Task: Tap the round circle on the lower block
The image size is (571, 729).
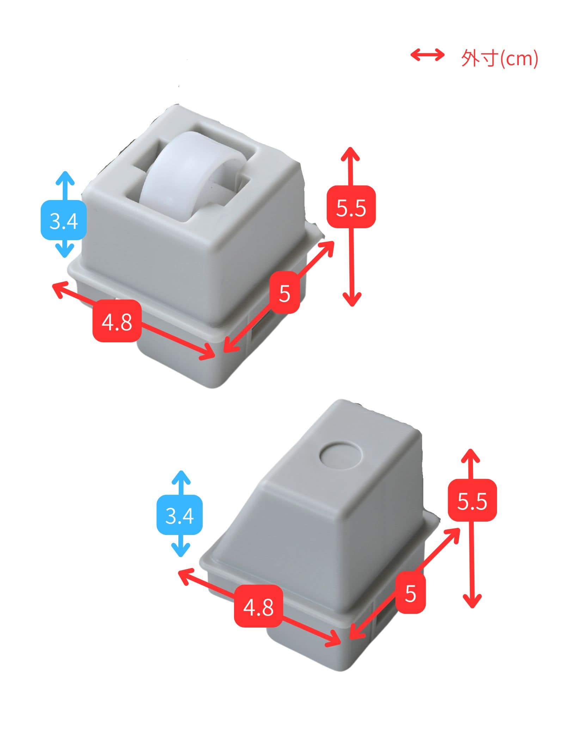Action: coord(341,456)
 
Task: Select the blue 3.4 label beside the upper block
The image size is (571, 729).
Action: coord(64,220)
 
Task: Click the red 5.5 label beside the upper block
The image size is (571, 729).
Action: coord(351,207)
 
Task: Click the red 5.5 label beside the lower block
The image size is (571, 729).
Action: coord(472,500)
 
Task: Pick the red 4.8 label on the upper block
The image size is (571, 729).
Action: coord(117,321)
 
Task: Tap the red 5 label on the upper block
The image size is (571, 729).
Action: coord(284,292)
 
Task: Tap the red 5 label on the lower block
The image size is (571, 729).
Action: coord(411,594)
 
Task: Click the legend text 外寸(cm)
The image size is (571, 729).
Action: coord(499,58)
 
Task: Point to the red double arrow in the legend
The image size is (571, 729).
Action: coord(428,55)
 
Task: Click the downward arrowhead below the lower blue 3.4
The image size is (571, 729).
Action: coord(181,551)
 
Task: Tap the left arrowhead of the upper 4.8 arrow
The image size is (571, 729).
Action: coord(59,289)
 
